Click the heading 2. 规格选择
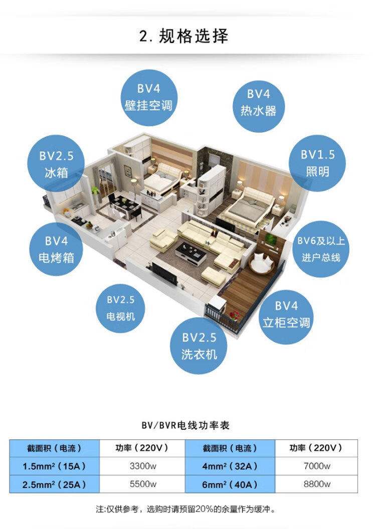point(184,37)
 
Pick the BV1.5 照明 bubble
point(317,163)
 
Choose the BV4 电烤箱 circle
point(56,249)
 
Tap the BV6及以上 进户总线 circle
point(321,249)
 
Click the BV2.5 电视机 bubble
point(121,308)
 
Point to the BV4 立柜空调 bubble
point(286,314)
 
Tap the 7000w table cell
point(317,466)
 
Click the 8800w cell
point(317,484)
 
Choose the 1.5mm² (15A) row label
point(54,466)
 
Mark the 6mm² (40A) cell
point(230,484)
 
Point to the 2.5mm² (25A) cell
point(54,484)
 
